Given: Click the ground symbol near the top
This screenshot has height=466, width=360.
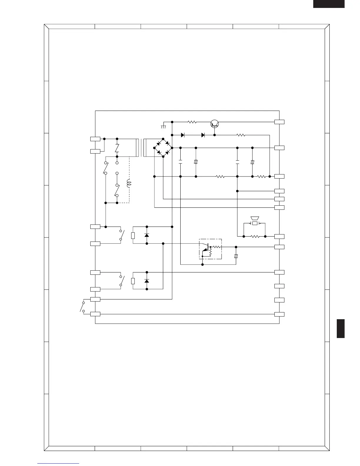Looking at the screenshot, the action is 164,126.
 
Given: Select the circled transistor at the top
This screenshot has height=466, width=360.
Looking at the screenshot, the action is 215,124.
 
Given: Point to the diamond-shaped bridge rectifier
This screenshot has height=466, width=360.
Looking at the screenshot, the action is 163,148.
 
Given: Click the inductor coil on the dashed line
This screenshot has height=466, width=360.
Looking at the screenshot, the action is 128,184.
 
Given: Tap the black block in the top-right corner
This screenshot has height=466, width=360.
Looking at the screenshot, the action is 329,4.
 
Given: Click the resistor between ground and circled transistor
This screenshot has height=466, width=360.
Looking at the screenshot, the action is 192,122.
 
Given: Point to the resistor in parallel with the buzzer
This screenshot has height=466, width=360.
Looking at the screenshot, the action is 255,236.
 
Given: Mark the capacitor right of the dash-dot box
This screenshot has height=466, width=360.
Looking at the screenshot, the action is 236,256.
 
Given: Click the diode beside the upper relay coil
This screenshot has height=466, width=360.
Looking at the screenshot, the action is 147,235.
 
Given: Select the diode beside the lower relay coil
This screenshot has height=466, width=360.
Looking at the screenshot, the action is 147,281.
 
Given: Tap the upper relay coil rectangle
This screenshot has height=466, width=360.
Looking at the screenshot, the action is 133,235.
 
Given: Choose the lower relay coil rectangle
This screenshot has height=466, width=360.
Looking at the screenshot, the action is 133,281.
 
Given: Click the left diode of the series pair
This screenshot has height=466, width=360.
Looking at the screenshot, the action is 183,135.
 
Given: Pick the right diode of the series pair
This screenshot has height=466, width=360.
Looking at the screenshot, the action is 203,135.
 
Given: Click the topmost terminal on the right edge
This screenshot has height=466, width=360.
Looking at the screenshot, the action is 279,122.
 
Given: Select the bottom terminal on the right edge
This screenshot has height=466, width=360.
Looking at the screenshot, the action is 279,314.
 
